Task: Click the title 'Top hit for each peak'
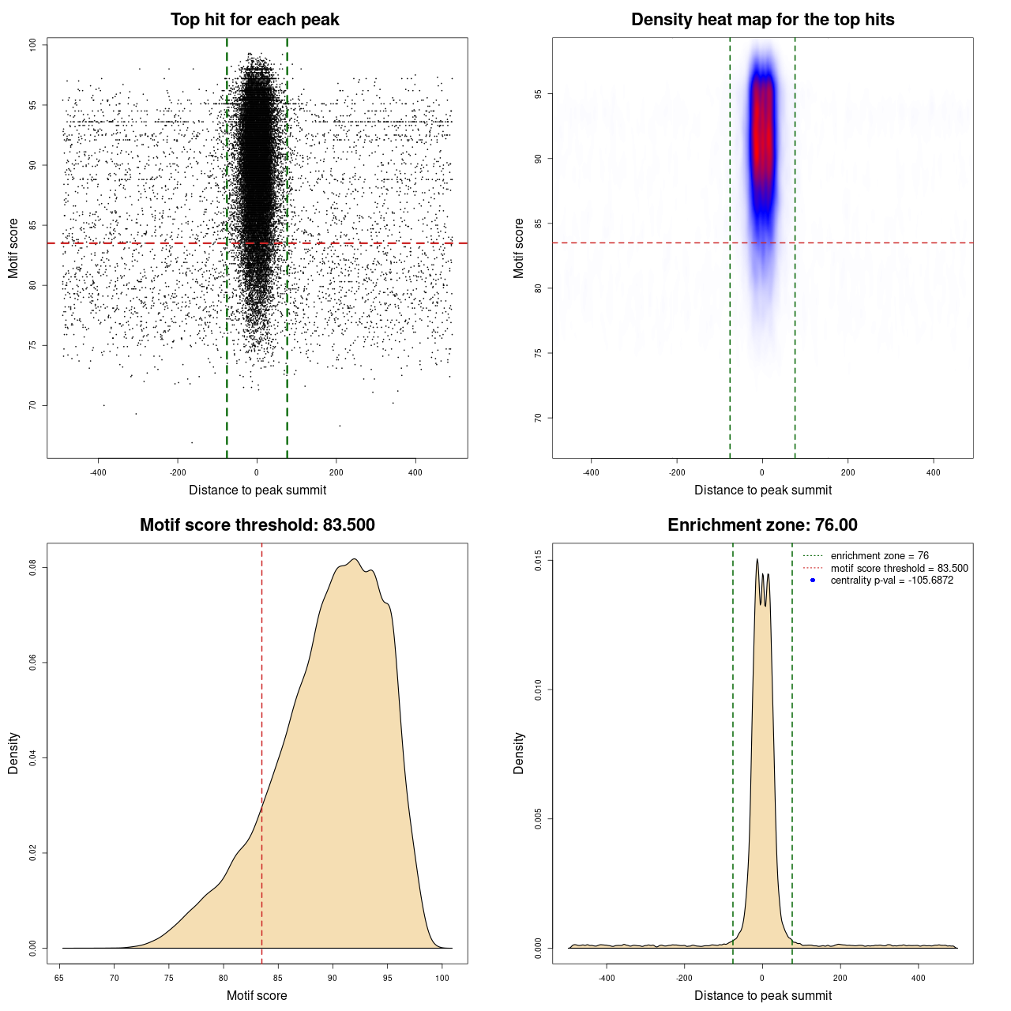click(254, 20)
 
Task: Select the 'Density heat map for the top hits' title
click(762, 20)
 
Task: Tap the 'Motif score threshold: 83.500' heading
click(257, 525)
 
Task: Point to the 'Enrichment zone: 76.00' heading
click(762, 525)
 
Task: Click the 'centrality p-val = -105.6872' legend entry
click(892, 581)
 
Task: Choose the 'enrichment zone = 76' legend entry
click(879, 556)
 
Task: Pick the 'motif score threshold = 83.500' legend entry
click(899, 569)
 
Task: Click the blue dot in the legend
click(813, 581)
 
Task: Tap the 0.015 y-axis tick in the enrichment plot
click(538, 561)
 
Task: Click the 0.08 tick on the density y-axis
click(32, 567)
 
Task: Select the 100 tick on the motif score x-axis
click(442, 978)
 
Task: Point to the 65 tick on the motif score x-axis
click(60, 978)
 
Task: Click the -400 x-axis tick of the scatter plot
click(98, 472)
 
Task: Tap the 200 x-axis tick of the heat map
click(848, 472)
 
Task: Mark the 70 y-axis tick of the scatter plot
click(32, 405)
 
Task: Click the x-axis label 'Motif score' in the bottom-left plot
click(257, 995)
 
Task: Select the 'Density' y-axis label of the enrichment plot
click(519, 753)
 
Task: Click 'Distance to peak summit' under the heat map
click(762, 490)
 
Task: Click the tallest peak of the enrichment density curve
click(757, 560)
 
